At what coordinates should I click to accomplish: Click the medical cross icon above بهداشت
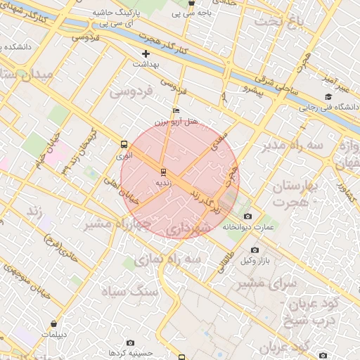pyautogui.click(x=146, y=53)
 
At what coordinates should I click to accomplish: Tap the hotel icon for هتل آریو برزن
pyautogui.click(x=176, y=110)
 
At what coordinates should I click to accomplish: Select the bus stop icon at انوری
pyautogui.click(x=124, y=145)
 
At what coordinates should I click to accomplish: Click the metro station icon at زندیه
pyautogui.click(x=163, y=171)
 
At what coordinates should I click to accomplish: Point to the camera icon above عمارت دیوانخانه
pyautogui.click(x=247, y=216)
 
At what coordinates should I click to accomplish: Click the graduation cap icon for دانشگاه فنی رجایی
pyautogui.click(x=328, y=97)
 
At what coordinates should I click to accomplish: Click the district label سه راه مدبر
pyautogui.click(x=292, y=146)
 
